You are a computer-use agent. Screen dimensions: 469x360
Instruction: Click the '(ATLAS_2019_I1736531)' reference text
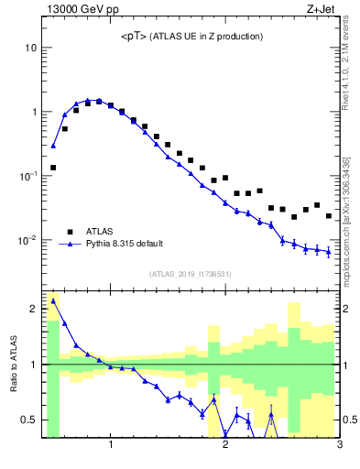click(191, 274)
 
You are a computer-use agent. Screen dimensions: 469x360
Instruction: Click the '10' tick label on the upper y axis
click(30, 48)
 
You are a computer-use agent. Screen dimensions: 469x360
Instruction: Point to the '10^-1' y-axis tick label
click(27, 176)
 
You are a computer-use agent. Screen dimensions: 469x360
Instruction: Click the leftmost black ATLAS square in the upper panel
click(53, 168)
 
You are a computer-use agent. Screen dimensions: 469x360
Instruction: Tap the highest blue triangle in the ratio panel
click(53, 300)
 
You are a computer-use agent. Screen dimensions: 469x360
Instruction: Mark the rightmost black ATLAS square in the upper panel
click(329, 216)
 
